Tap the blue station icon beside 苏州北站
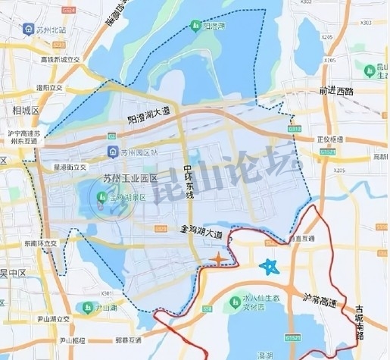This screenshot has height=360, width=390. coord(27,30)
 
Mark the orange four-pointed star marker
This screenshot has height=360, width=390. coord(218,261)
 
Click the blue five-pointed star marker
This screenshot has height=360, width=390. coord(269,267)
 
